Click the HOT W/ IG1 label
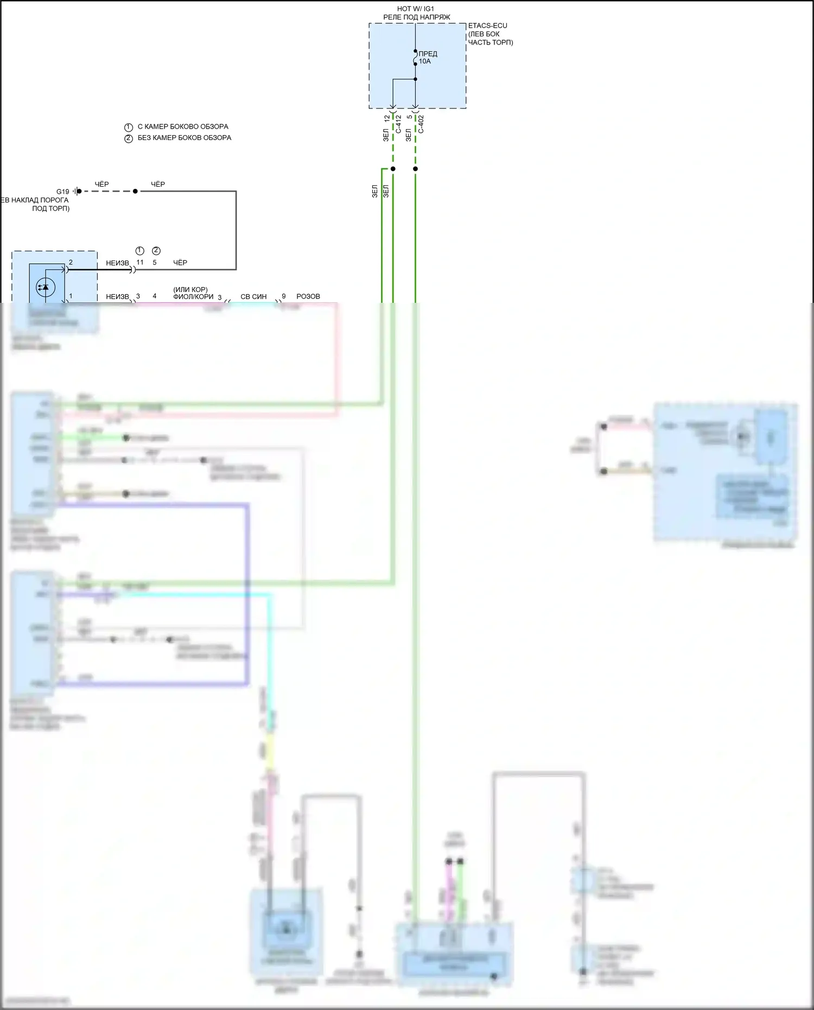pyautogui.click(x=416, y=9)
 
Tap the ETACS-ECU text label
pyautogui.click(x=487, y=26)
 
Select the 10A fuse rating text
pyautogui.click(x=424, y=61)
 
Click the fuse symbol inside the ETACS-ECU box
pyautogui.click(x=415, y=57)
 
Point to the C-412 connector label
pyautogui.click(x=398, y=124)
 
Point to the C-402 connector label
pyautogui.click(x=421, y=124)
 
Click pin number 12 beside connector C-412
pyautogui.click(x=387, y=118)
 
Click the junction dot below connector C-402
pyautogui.click(x=415, y=169)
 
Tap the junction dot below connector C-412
pyautogui.click(x=393, y=169)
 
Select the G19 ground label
pyautogui.click(x=63, y=192)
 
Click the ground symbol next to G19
pyautogui.click(x=77, y=191)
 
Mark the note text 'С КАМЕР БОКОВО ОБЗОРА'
pyautogui.click(x=183, y=126)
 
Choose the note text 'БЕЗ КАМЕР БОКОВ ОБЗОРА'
pyautogui.click(x=184, y=138)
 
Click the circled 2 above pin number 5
pyautogui.click(x=156, y=251)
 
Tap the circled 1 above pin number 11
pyautogui.click(x=139, y=251)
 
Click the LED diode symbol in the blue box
pyautogui.click(x=45, y=287)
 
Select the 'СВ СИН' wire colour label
pyautogui.click(x=253, y=297)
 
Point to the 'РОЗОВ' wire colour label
pyautogui.click(x=308, y=296)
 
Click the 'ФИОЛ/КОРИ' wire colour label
pyautogui.click(x=193, y=297)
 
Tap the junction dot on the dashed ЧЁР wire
pyautogui.click(x=135, y=191)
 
